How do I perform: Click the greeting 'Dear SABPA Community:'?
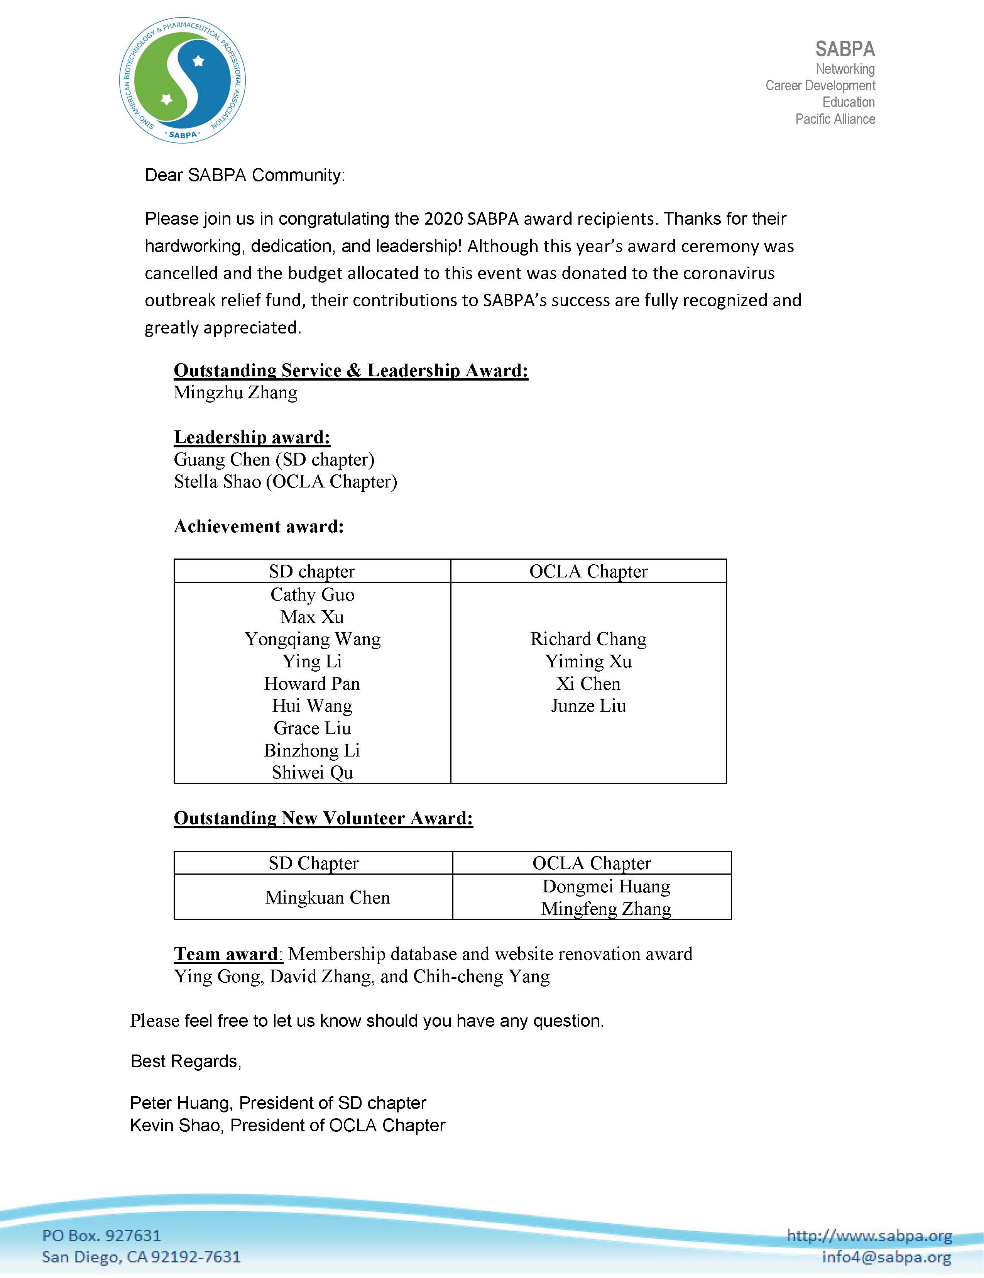pos(245,175)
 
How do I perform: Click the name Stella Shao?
pos(217,482)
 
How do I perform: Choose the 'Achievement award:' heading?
pos(259,526)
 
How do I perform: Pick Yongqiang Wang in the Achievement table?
pos(313,639)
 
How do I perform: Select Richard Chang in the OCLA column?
pos(588,639)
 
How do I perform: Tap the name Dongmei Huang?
pos(606,887)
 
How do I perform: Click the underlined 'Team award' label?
pos(226,955)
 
